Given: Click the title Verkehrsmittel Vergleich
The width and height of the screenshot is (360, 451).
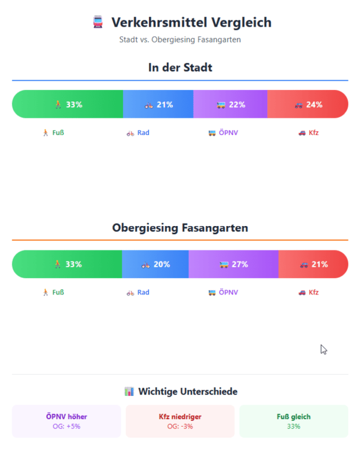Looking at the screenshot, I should click(x=191, y=23).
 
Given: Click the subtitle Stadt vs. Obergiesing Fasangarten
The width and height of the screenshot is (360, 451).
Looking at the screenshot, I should click(x=180, y=40).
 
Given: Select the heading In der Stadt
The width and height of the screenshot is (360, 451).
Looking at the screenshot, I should click(x=180, y=68).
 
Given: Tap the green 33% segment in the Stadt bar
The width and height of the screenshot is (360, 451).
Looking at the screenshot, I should click(x=68, y=104).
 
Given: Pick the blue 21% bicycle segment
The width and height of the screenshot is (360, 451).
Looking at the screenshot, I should click(x=158, y=104).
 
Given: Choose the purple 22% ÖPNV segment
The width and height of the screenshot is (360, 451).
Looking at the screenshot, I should click(x=230, y=104).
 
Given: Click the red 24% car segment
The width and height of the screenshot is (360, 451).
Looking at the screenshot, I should click(x=308, y=104).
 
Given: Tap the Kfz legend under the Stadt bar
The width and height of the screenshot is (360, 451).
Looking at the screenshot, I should click(x=308, y=133).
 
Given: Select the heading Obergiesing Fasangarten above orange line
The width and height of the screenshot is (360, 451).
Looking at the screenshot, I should click(x=180, y=228).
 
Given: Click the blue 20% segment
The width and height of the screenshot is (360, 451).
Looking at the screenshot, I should click(x=155, y=264).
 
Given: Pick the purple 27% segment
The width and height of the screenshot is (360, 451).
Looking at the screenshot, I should click(x=234, y=264).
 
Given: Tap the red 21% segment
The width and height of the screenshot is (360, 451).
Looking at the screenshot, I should click(x=314, y=264).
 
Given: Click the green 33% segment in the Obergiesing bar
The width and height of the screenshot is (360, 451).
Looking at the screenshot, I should click(x=67, y=264).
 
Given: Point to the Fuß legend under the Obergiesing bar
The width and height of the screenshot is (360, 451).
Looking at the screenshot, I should click(x=53, y=293).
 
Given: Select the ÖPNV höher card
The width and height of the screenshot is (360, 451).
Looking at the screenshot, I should click(x=67, y=421).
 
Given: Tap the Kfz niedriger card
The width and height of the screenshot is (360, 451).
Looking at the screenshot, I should click(x=180, y=421).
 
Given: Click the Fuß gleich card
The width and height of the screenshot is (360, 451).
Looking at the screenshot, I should click(x=293, y=421).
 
